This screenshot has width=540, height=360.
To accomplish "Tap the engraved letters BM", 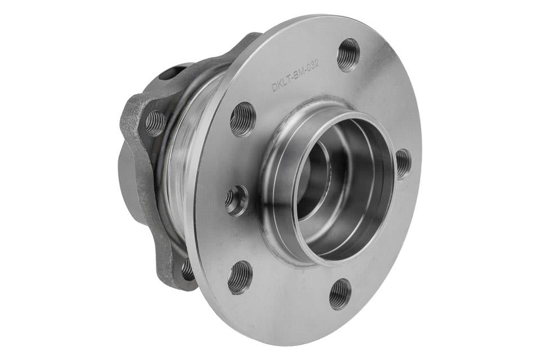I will (x=299, y=74).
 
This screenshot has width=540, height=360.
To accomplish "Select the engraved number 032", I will (x=313, y=66).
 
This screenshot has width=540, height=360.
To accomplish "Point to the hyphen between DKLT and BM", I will (x=290, y=78).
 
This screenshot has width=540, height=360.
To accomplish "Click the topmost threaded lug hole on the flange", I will (x=348, y=54).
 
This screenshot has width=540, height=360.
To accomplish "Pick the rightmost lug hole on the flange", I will (x=403, y=163).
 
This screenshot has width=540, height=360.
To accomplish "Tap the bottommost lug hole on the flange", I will (x=340, y=293).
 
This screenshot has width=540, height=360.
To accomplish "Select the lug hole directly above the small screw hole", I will (x=243, y=119).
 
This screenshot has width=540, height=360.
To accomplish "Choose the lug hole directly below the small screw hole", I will (x=240, y=277).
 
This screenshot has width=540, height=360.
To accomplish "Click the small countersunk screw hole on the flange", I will (x=237, y=200).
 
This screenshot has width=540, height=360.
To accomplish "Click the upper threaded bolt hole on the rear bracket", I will (x=155, y=123).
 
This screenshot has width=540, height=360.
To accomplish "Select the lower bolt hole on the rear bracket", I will (x=187, y=271).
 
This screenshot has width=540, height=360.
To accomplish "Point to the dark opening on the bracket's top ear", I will (x=169, y=74).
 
